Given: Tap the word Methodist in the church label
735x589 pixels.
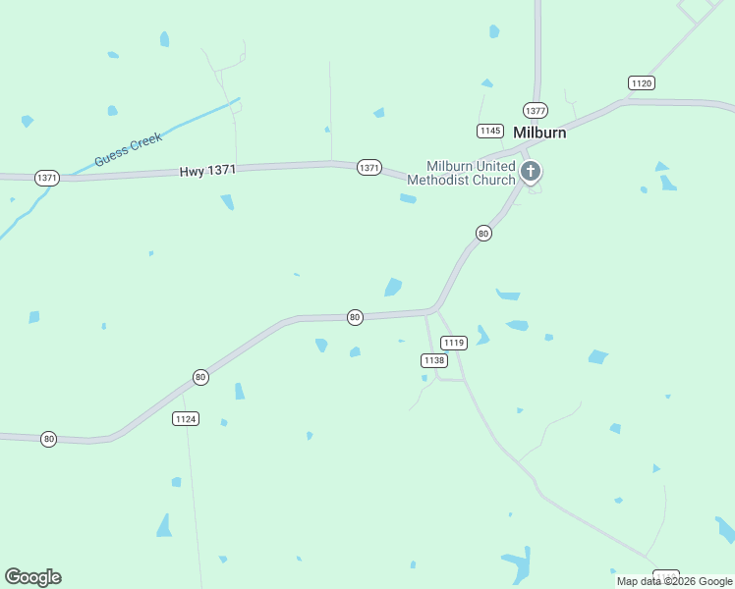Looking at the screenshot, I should [438, 180].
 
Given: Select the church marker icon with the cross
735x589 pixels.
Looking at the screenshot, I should [531, 173].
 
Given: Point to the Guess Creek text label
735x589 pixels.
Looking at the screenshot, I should [128, 149].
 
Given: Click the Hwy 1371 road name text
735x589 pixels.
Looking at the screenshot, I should [207, 171].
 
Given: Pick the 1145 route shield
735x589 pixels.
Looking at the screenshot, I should [490, 131].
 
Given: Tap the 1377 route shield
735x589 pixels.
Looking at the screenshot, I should [536, 110].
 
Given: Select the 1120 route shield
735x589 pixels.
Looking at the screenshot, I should [642, 83].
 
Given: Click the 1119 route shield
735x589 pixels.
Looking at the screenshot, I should [453, 343].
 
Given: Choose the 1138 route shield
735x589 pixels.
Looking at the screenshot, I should [434, 360].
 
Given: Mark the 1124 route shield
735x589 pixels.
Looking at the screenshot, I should [185, 419].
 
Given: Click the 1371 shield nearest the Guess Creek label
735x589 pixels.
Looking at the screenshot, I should [47, 178].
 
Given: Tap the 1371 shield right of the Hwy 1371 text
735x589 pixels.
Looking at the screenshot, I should [368, 168].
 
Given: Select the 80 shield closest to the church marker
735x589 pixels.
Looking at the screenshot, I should [483, 233].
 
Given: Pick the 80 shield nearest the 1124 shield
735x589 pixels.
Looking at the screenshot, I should [200, 377].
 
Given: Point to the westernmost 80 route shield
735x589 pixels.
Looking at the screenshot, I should [48, 438].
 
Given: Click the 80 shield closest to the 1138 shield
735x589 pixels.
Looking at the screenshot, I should [355, 316].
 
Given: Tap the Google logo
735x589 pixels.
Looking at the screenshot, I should [33, 577].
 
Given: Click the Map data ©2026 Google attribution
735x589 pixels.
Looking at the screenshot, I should [675, 581].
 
